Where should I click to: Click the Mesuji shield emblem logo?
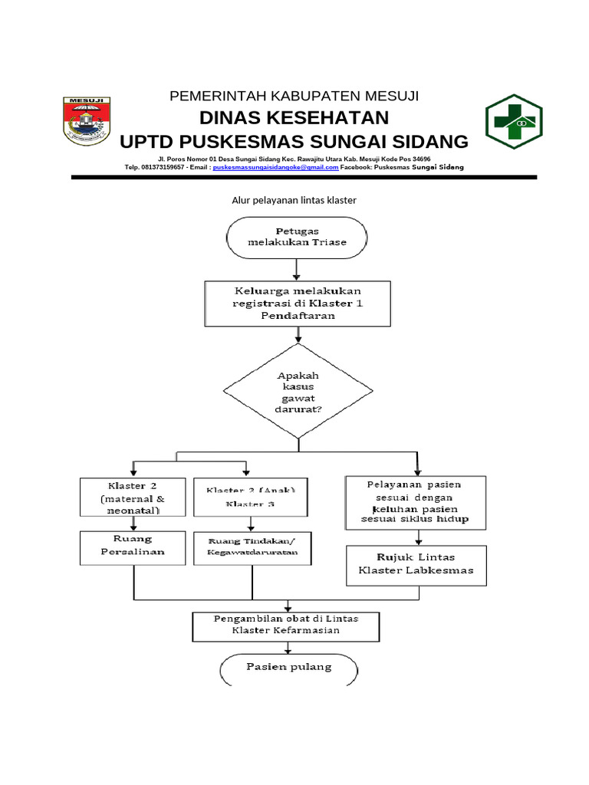coord(87,120)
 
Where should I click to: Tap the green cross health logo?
coord(513,122)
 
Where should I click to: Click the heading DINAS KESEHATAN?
coord(294,118)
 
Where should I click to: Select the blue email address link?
coord(275,166)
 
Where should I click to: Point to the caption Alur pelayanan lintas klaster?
coord(294,200)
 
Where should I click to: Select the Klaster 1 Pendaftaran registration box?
coord(298,304)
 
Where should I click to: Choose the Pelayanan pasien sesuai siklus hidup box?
coord(415,502)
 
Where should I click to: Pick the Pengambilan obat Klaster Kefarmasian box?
coord(285,625)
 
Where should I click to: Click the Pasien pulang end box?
coord(289,668)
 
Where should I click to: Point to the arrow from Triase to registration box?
coord(297,268)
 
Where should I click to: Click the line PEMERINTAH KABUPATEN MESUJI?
coord(294,96)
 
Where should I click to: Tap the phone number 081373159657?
coord(160,166)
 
